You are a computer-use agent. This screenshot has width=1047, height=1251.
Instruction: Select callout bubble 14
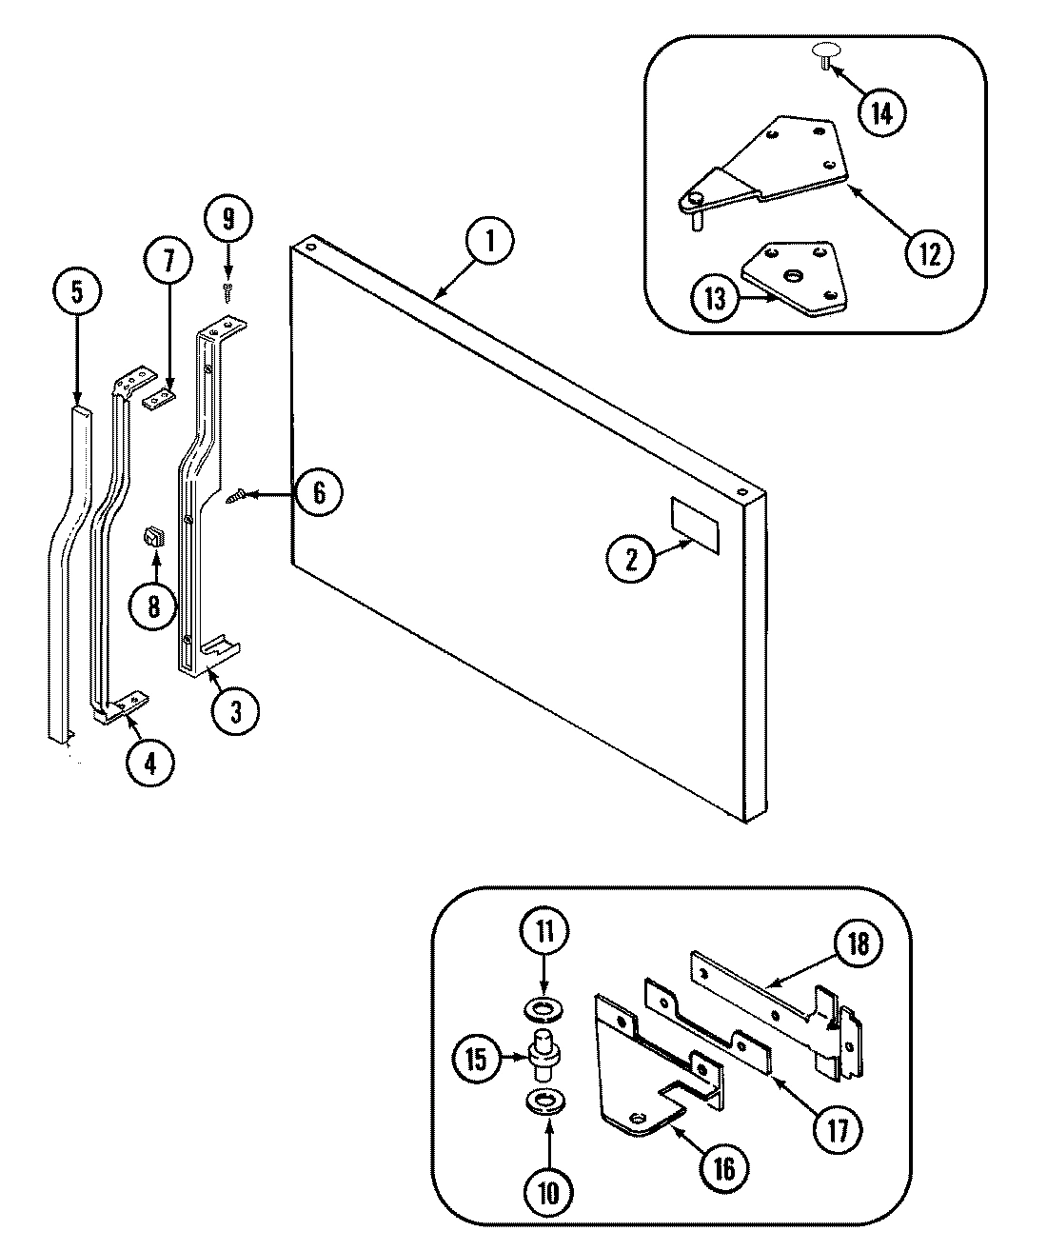pos(881,113)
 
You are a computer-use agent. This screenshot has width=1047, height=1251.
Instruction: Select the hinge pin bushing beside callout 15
pos(543,1054)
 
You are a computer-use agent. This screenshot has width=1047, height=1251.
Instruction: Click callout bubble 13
pos(715,299)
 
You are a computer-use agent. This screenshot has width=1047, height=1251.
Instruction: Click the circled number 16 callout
pos(724,1168)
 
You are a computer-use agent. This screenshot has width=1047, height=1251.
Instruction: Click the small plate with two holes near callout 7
pos(161,397)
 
